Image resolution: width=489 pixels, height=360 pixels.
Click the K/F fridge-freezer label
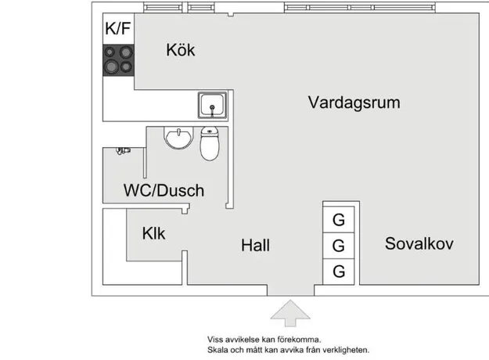(118, 28)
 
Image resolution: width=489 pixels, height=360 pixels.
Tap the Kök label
(181, 50)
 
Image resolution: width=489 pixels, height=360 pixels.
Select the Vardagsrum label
(354, 103)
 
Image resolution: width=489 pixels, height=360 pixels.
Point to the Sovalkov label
(419, 243)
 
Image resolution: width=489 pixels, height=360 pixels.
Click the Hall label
(255, 245)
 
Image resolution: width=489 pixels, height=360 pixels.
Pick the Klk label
(153, 233)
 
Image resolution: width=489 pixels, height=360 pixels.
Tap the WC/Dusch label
(164, 190)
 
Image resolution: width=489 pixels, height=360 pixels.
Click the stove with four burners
(118, 60)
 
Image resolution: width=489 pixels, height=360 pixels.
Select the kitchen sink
(212, 105)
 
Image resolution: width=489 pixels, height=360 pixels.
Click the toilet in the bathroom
(210, 143)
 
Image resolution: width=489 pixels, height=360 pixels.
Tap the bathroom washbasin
(178, 138)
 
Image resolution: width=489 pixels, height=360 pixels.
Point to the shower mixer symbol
(123, 151)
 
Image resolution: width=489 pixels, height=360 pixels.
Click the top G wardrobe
(339, 220)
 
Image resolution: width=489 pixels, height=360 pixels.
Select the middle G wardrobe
(339, 246)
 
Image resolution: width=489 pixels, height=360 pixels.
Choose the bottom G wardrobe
(339, 272)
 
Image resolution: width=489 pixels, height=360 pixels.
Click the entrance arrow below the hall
(290, 313)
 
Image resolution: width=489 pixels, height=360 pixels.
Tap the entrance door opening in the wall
(290, 290)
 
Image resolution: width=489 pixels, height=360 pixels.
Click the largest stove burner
(111, 67)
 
